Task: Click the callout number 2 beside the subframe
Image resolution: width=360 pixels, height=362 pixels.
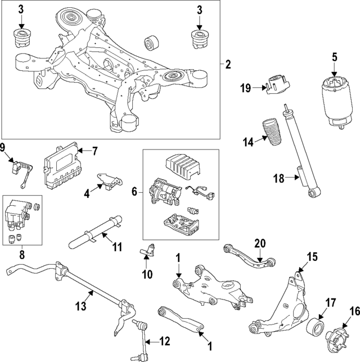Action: [x=227, y=65]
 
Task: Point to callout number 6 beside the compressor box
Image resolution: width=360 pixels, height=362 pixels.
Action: [x=134, y=192]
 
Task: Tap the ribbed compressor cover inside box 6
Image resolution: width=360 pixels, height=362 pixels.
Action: [x=179, y=166]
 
